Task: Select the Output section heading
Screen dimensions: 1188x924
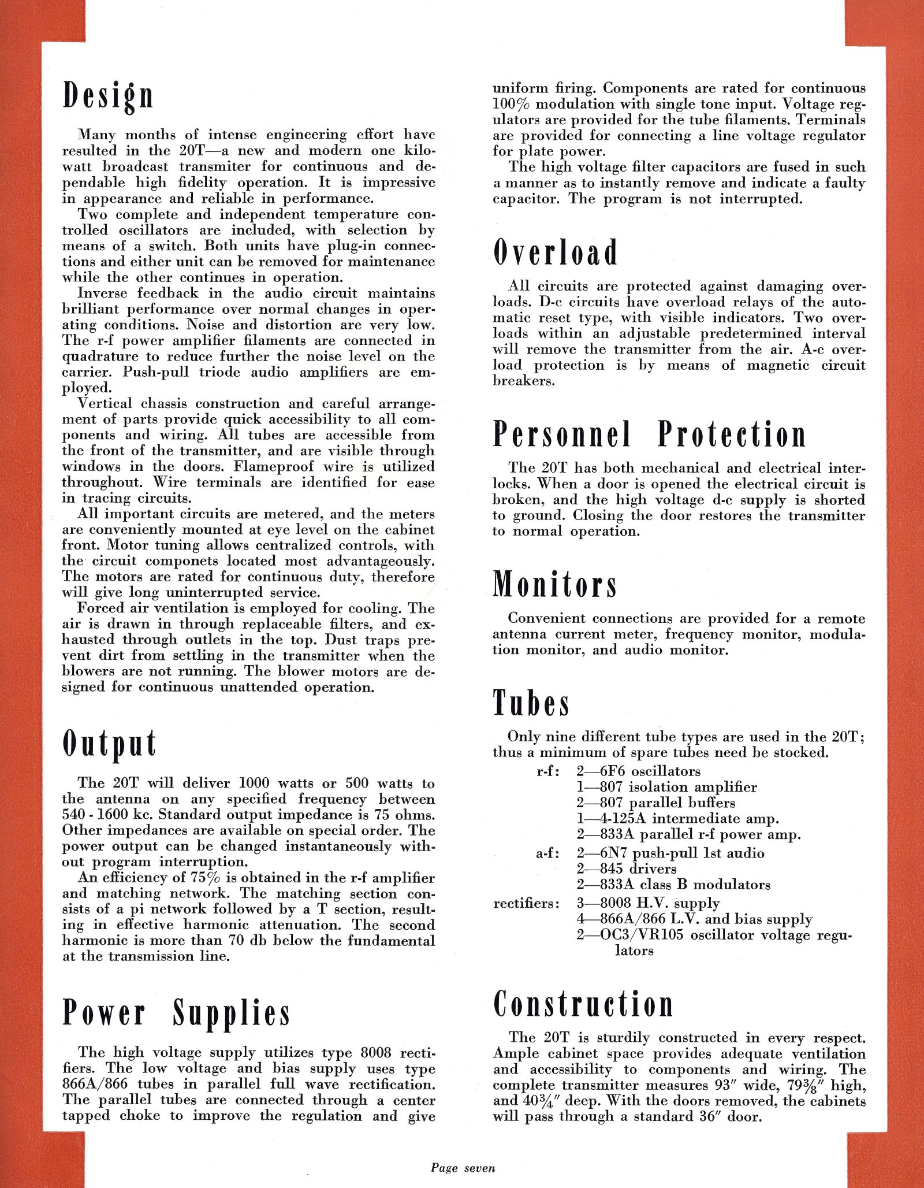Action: click(110, 744)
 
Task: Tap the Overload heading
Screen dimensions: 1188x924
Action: click(556, 253)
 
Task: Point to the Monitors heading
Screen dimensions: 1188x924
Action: click(555, 584)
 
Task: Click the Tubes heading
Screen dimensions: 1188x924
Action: click(531, 703)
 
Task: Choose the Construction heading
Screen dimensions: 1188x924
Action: click(583, 1004)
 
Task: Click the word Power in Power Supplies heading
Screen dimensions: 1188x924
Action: click(105, 1013)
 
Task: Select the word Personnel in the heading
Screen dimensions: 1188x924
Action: click(562, 435)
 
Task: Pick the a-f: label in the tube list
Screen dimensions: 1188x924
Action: click(547, 853)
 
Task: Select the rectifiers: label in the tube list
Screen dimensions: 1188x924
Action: click(526, 904)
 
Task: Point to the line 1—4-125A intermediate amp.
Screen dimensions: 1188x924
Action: click(677, 819)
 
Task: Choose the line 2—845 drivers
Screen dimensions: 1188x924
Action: click(626, 869)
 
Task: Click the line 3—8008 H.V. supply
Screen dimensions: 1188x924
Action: click(648, 904)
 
